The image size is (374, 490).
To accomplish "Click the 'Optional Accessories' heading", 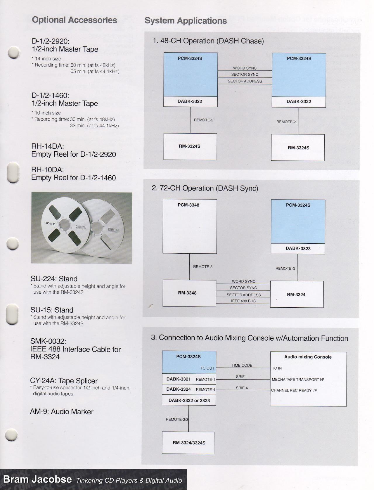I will (x=75, y=20).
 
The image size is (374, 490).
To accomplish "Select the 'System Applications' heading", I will (x=186, y=21).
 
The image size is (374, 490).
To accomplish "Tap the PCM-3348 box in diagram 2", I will (x=190, y=226).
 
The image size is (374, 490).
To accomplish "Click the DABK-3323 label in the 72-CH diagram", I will (x=298, y=249).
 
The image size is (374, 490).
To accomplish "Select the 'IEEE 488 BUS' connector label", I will (x=243, y=301).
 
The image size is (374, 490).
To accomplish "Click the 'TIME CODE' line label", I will (x=242, y=366).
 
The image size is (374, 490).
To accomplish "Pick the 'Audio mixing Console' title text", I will (x=308, y=357).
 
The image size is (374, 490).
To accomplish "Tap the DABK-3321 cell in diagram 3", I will (x=179, y=379).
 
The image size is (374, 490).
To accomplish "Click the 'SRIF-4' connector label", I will (x=242, y=388).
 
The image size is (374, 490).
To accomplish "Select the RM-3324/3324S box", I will (x=188, y=443).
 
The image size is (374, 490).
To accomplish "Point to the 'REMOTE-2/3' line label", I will (x=177, y=419).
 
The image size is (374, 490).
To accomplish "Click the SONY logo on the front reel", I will (x=50, y=224).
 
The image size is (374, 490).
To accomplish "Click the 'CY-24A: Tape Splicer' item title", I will (x=64, y=381).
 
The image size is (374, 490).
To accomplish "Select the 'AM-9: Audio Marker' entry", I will (x=62, y=412).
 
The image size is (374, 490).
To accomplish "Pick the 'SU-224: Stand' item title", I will (x=54, y=279).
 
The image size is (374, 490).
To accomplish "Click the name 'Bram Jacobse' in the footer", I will (x=37, y=479).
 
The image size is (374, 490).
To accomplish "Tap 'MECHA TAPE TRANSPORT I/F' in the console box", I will (x=298, y=380).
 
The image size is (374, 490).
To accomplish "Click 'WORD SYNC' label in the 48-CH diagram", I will (x=245, y=68).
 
